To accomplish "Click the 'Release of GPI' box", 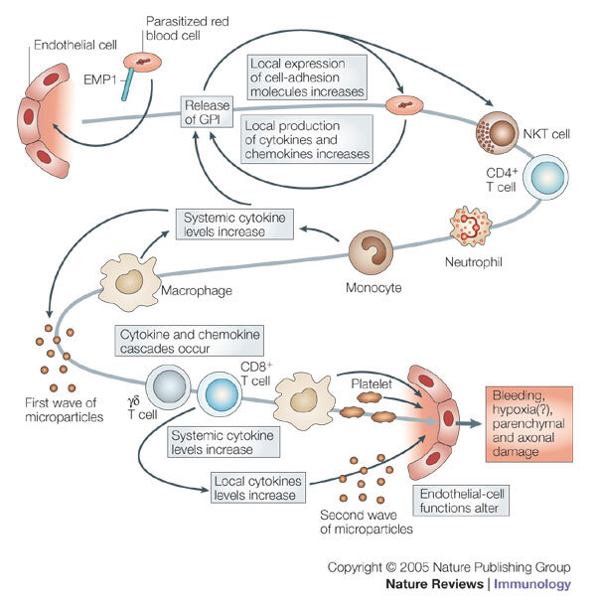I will tap(206, 116).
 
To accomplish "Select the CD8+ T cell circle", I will tap(218, 394).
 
